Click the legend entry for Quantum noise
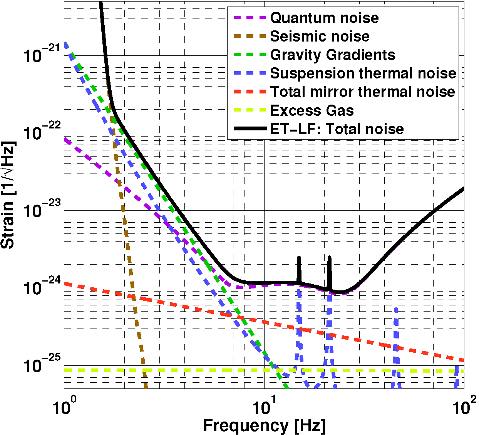coord(324,18)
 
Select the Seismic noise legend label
coord(320,36)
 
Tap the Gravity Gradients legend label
coord(333,55)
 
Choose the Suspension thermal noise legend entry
coord(363,73)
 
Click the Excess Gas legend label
coord(312,110)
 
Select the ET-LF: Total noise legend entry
coord(337,129)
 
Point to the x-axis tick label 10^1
coord(265,408)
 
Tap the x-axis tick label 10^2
coord(464,408)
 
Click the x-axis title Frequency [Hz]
coord(264,426)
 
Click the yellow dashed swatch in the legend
coord(250,110)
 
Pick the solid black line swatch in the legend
coord(250,129)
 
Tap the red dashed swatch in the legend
coord(250,92)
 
